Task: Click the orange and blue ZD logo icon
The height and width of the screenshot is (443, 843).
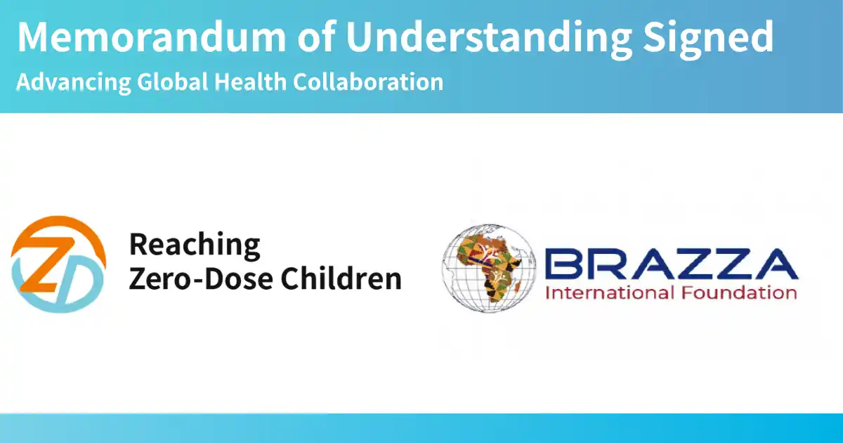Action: click(59, 265)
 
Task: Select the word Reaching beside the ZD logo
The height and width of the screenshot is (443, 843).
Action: click(195, 245)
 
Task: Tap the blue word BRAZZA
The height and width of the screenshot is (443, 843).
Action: click(672, 264)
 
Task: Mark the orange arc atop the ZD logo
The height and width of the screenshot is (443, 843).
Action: click(60, 226)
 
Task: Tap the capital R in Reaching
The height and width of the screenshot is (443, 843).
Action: click(138, 245)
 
